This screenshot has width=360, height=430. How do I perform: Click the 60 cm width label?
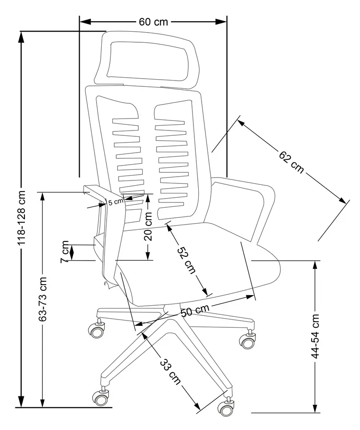click(154, 22)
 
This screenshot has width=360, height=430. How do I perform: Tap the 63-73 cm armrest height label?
click(43, 299)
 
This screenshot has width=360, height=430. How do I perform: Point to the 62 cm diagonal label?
click(291, 162)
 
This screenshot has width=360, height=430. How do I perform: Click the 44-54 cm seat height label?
click(315, 336)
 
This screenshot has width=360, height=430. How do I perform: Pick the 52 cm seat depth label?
click(187, 260)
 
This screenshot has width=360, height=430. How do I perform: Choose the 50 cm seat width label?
click(195, 310)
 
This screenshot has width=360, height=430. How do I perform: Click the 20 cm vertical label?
click(148, 227)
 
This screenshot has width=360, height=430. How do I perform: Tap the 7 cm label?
click(65, 251)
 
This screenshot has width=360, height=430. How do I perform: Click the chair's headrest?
click(147, 60)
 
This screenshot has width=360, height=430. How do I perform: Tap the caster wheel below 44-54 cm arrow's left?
click(247, 341)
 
